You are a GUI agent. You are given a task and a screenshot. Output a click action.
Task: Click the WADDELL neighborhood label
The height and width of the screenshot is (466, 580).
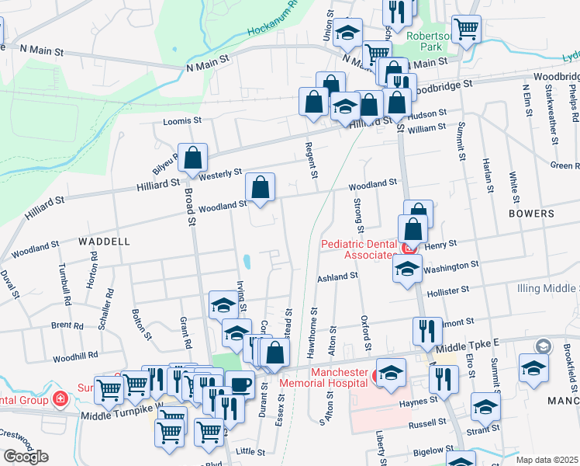[x=104, y=242]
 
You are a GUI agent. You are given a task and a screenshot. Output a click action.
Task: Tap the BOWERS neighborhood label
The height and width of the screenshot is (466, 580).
[x=531, y=213]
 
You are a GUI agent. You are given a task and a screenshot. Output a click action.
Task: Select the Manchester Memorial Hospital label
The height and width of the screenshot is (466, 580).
[x=338, y=377]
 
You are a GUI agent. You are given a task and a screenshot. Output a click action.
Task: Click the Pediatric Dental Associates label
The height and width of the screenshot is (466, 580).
[x=358, y=249]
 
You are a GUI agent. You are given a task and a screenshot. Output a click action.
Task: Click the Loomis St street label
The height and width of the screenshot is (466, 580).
[x=182, y=121]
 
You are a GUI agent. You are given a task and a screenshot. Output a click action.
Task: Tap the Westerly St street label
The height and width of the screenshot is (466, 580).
[x=221, y=174]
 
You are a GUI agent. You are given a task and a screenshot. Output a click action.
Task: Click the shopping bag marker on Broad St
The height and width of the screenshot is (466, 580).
[x=192, y=158]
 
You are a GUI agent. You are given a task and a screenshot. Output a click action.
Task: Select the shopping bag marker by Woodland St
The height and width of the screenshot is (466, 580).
[x=261, y=187]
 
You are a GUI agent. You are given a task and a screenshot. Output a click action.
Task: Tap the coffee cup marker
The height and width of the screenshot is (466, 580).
[x=240, y=385]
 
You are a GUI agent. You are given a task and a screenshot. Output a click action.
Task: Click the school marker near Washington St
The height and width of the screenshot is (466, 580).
[x=406, y=269]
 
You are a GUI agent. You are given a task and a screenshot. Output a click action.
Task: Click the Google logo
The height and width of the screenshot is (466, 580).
[x=25, y=457]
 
